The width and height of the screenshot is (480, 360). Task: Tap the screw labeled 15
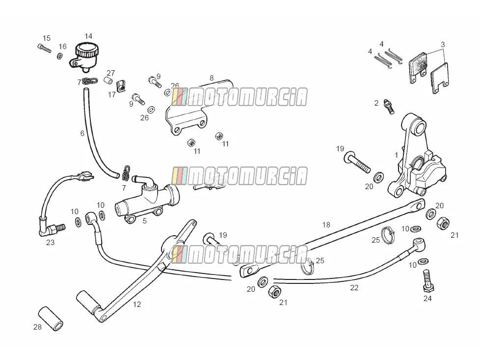point(44,49)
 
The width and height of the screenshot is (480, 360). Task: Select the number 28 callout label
point(37,327)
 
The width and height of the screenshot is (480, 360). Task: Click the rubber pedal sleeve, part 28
point(51,318)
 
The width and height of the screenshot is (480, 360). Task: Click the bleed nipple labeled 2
point(389,107)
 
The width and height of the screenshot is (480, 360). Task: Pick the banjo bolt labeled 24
point(427,280)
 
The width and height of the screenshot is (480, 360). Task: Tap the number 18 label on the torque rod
point(326,224)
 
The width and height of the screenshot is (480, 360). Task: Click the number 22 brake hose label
point(354,288)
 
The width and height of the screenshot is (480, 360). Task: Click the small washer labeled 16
point(60,56)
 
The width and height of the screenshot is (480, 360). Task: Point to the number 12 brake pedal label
point(137,304)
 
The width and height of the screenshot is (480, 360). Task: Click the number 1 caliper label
point(397,155)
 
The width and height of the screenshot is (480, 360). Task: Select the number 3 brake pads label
point(443,44)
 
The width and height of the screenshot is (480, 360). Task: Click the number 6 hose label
point(82,133)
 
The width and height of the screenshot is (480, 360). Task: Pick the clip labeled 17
point(122,86)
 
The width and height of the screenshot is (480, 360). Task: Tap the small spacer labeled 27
point(108,81)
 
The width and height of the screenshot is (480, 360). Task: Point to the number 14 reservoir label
point(88,36)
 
